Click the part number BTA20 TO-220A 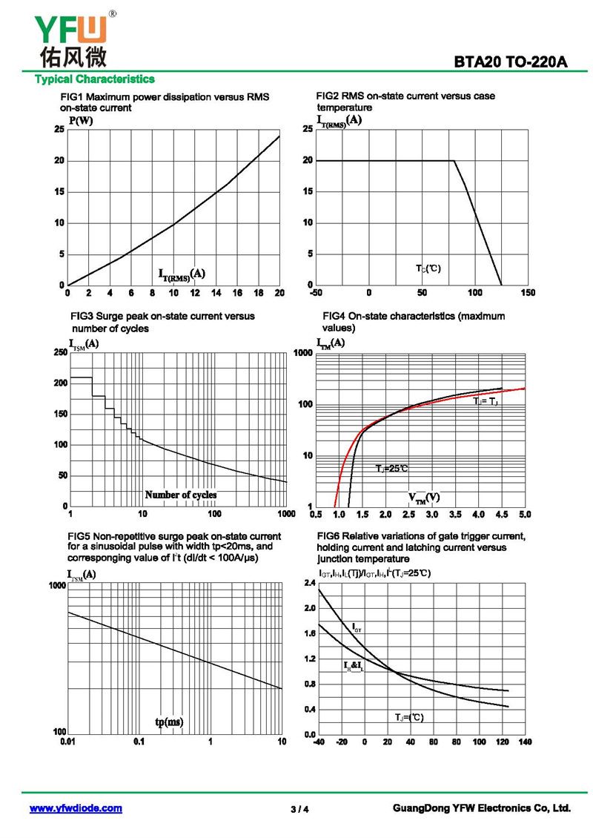(x=511, y=62)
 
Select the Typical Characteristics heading (x=95, y=79)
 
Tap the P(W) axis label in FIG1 (x=81, y=121)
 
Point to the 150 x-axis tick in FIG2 (x=528, y=293)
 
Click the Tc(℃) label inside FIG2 (x=428, y=268)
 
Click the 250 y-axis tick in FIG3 (x=59, y=352)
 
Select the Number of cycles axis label (x=181, y=495)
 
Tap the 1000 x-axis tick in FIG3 (x=285, y=514)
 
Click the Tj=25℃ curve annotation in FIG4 (x=391, y=469)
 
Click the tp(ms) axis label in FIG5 (x=169, y=722)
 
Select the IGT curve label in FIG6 (x=357, y=628)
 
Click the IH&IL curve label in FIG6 (x=354, y=666)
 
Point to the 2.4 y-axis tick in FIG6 (x=309, y=584)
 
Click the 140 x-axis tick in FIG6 (x=525, y=742)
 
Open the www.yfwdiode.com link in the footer (x=76, y=808)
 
